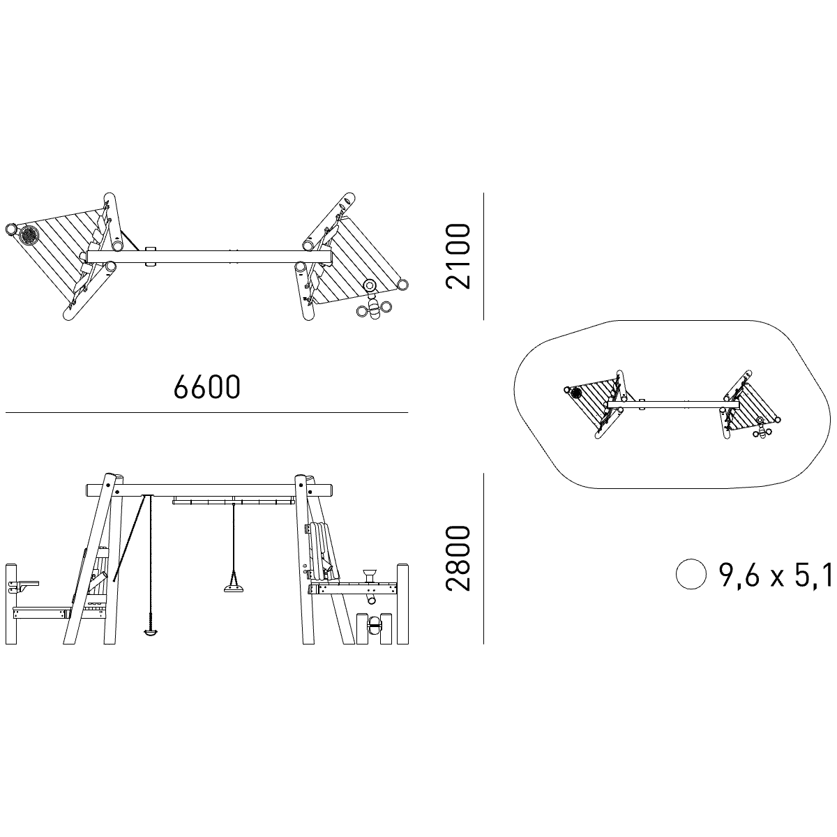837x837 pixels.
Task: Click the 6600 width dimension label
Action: pos(206,386)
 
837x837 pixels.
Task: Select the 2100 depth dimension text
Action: pos(458,256)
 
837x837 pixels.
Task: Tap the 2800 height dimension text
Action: pos(458,558)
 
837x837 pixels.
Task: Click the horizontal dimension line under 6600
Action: pos(206,412)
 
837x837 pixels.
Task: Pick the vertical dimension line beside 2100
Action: pos(483,256)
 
